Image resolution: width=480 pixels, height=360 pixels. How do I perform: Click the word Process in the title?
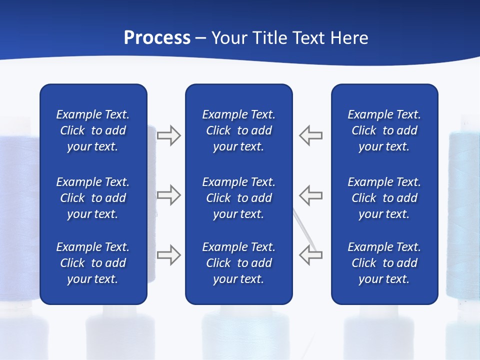157,37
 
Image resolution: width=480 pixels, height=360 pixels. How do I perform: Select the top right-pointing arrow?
169,135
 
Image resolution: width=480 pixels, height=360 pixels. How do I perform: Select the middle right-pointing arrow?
169,195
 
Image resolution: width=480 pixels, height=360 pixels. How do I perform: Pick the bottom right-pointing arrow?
169,255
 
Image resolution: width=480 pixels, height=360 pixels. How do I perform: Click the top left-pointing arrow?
311,135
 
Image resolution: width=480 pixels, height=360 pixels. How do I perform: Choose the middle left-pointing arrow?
311,195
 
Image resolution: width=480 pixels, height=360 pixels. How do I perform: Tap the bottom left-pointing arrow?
311,255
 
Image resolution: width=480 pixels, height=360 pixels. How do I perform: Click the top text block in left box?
93,130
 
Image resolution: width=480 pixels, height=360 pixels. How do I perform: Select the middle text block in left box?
93,198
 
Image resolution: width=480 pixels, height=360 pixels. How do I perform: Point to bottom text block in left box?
93,263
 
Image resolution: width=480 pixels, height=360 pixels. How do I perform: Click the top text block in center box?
239,130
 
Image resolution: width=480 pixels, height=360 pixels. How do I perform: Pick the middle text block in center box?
239,198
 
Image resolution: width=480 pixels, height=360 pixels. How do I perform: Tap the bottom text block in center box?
239,263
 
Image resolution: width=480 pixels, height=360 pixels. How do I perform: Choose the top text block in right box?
384,130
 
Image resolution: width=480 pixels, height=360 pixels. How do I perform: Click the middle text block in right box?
384,198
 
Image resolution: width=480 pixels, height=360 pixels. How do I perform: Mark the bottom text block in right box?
384,263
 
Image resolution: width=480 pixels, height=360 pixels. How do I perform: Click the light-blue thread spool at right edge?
463,215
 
